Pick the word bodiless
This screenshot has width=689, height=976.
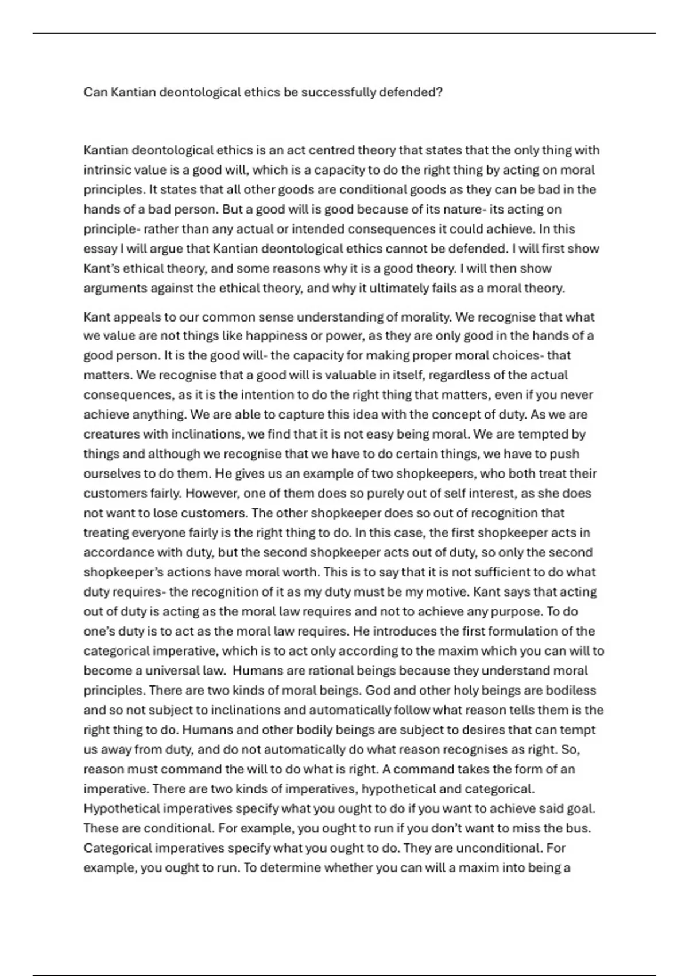pos(568,690)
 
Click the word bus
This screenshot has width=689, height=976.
pos(580,828)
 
